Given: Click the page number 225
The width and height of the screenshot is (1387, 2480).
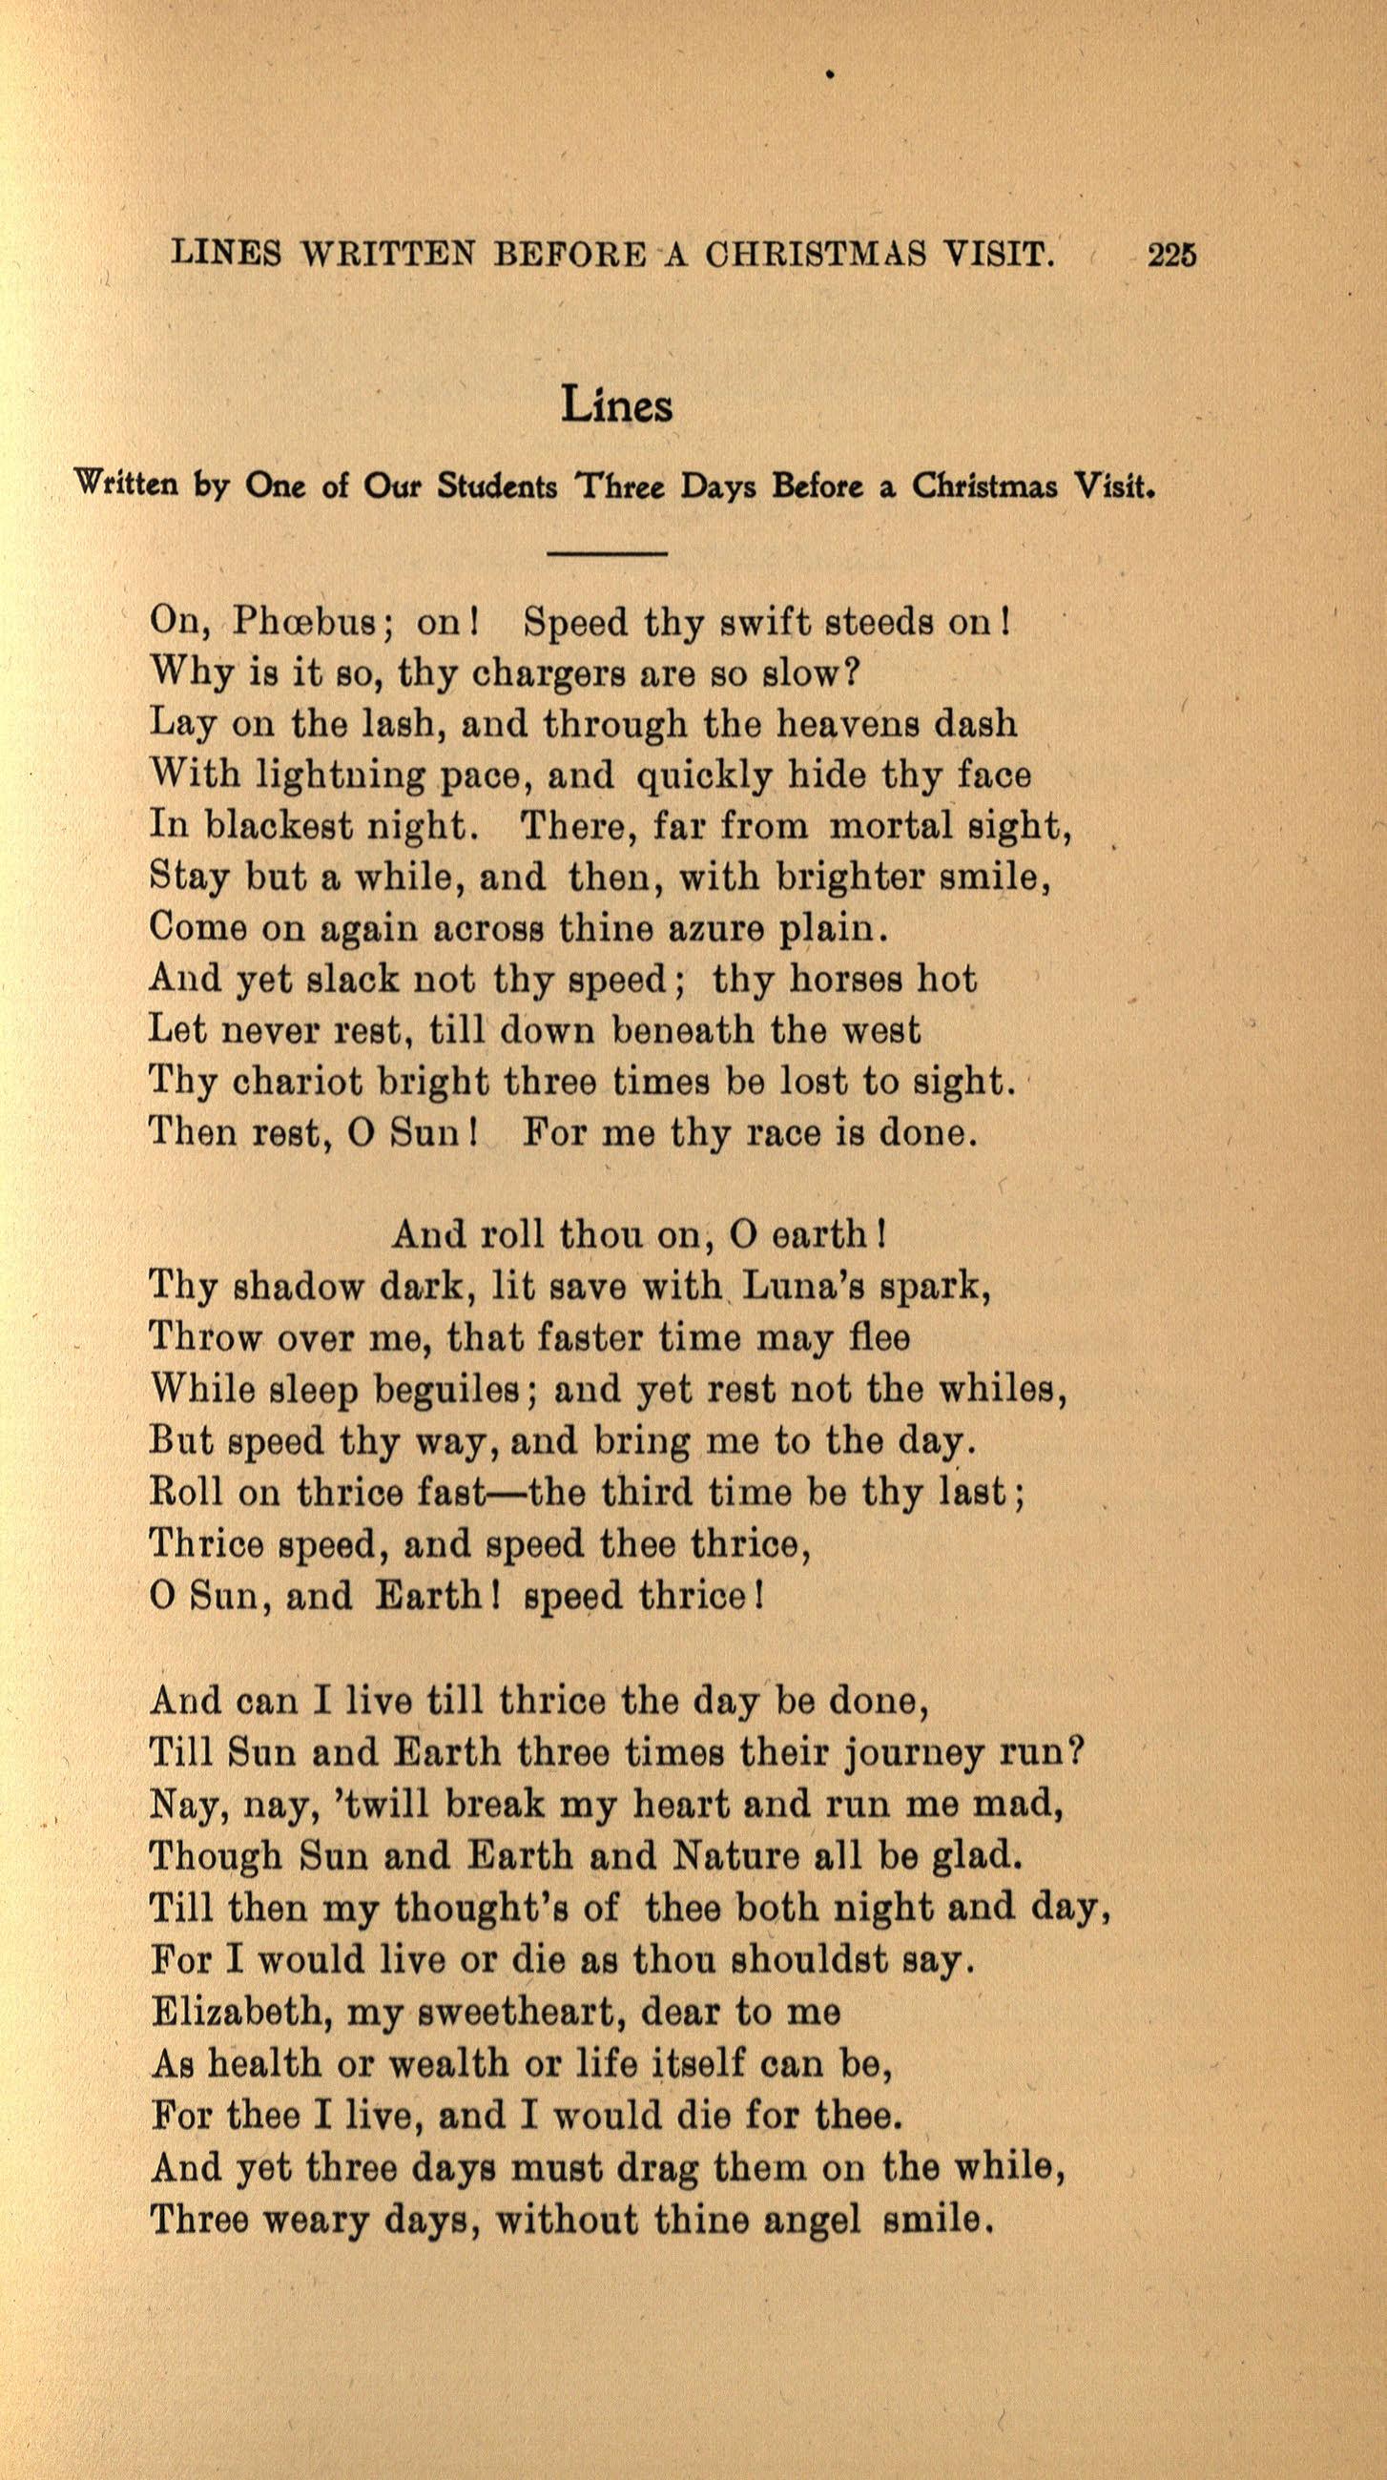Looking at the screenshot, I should tap(1171, 254).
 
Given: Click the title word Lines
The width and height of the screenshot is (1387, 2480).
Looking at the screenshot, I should tap(617, 405).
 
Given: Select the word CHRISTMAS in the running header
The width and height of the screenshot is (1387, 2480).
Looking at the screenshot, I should tap(816, 254).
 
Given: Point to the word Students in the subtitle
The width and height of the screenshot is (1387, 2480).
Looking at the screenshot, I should tap(497, 486).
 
